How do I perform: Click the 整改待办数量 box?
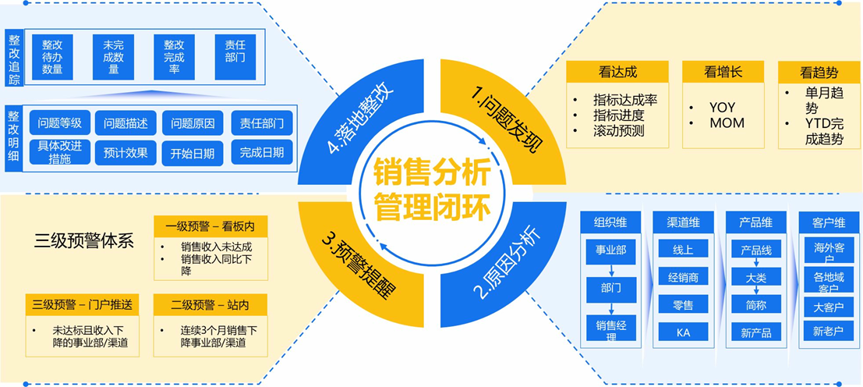click(52, 57)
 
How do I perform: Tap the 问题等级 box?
click(60, 123)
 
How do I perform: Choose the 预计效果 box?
click(126, 153)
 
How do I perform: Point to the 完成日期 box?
click(262, 153)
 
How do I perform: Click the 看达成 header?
click(617, 72)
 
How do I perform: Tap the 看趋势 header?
click(819, 72)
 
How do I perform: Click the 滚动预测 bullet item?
click(618, 130)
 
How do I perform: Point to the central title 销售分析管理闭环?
click(432, 190)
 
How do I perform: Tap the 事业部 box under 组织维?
click(610, 250)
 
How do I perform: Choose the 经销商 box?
click(683, 277)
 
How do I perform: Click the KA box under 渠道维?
click(683, 332)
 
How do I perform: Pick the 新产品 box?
click(755, 332)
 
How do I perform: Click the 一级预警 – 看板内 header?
click(210, 226)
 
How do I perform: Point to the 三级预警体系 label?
click(84, 240)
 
